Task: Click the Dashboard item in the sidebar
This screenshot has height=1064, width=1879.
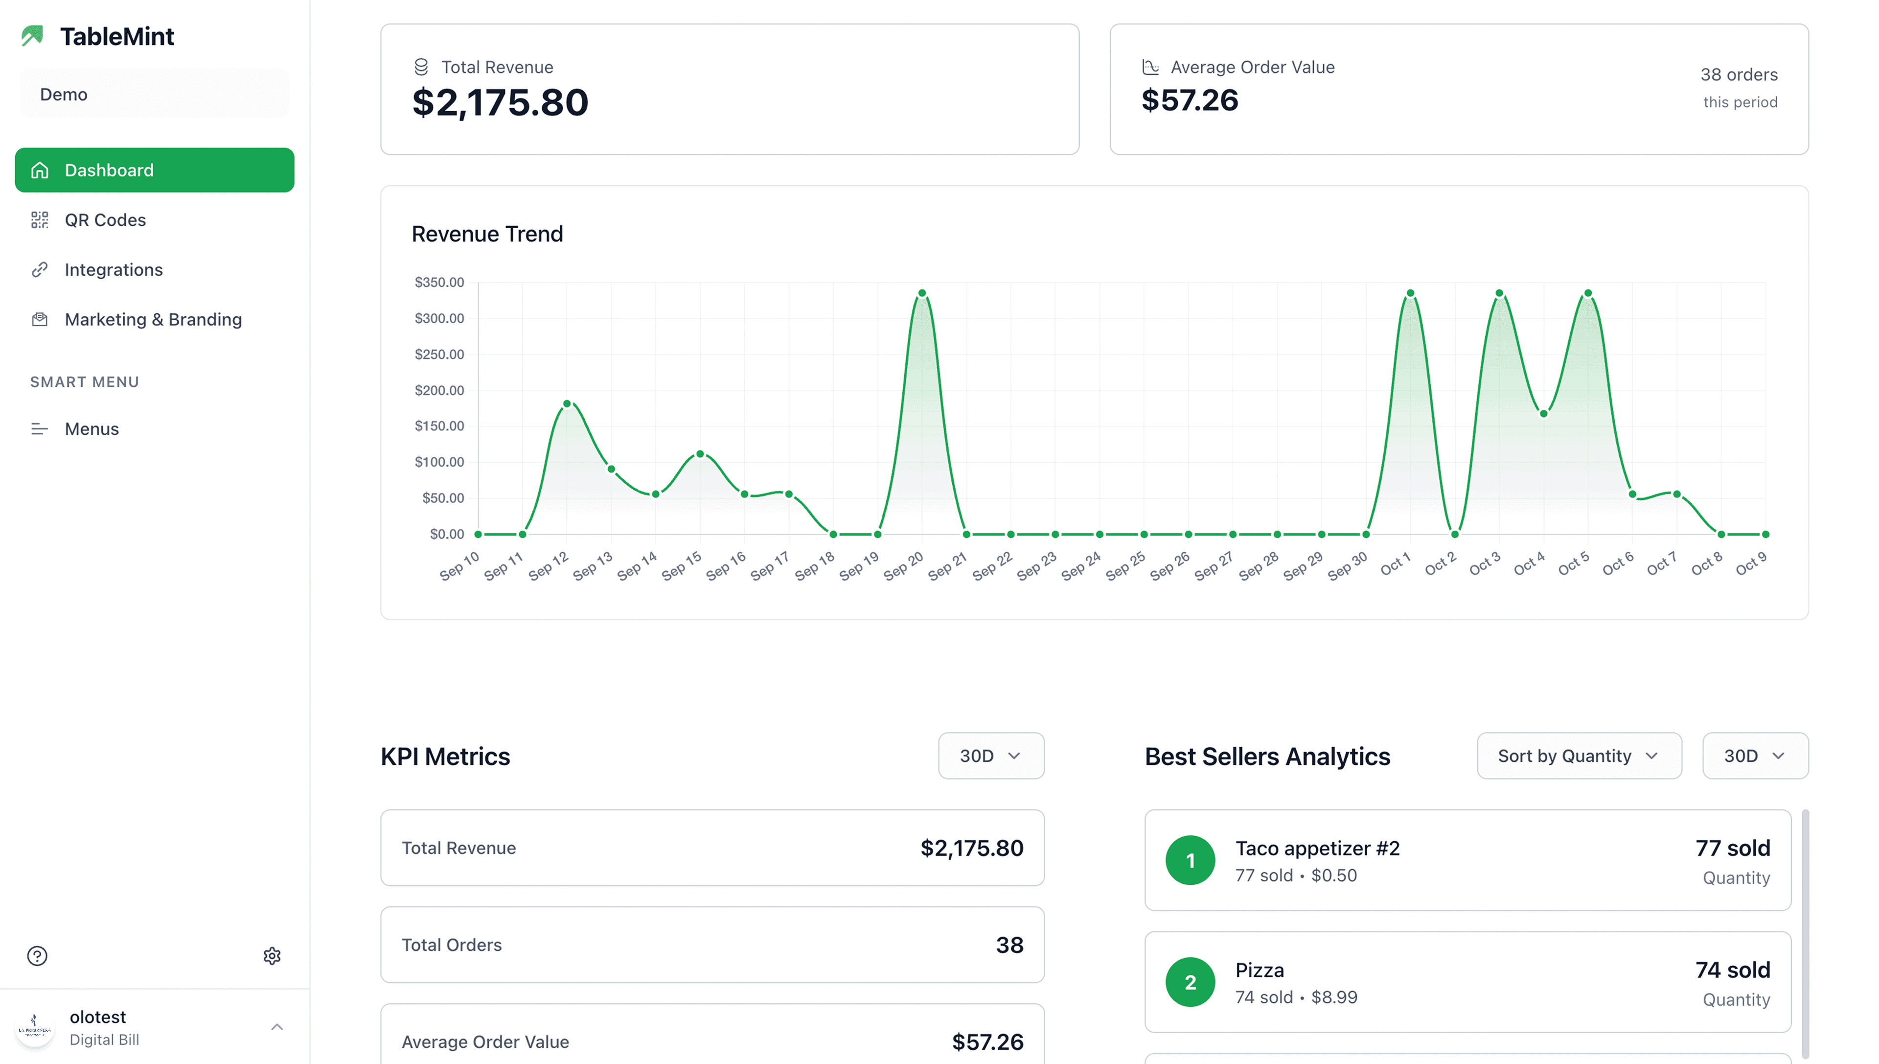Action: click(154, 170)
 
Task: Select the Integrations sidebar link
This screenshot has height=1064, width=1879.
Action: click(113, 270)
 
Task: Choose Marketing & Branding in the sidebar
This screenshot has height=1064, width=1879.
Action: click(153, 319)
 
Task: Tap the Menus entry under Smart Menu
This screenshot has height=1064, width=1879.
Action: click(92, 429)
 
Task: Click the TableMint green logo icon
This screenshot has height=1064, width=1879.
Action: click(33, 36)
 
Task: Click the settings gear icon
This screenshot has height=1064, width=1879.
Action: click(272, 956)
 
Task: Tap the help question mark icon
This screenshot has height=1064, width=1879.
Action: click(37, 956)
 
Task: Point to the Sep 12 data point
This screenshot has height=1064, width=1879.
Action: click(567, 403)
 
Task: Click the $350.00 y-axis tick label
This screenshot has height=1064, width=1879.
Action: click(439, 282)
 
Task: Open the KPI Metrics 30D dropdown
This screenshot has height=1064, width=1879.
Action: click(990, 756)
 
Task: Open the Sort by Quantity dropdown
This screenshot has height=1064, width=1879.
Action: click(1578, 756)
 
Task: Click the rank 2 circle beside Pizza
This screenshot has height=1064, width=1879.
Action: click(1190, 982)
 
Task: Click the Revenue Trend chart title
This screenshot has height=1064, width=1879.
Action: click(487, 234)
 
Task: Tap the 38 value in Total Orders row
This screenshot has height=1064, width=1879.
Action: click(1009, 945)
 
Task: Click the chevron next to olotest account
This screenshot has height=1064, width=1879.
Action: click(277, 1027)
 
